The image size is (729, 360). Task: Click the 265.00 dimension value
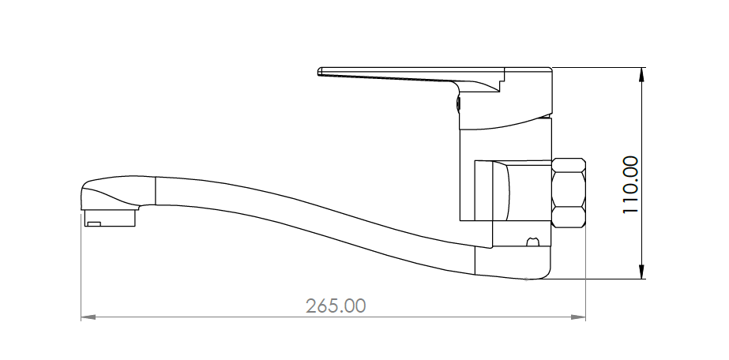tap(336, 306)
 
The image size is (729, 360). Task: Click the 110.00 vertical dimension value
tap(630, 185)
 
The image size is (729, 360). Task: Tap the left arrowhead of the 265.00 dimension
tap(88, 317)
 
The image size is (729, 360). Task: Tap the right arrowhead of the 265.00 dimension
tap(578, 317)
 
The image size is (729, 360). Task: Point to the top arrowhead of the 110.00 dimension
tap(642, 75)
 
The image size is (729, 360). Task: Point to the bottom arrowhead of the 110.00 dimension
tap(642, 272)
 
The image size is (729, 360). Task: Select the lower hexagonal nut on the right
tap(568, 216)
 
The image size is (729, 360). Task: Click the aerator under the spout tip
tap(111, 218)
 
